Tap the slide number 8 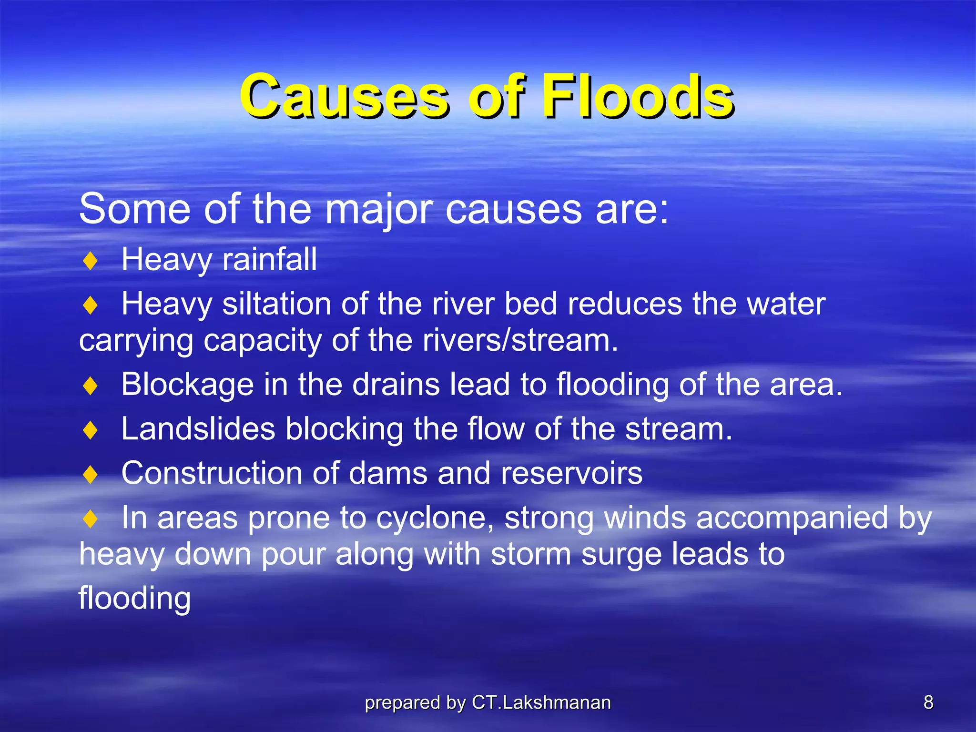coord(928,702)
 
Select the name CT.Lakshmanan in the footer coord(541,702)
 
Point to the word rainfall coord(269,259)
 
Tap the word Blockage coord(187,384)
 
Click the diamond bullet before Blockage coord(90,386)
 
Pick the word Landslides coord(198,429)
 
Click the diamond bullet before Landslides coord(90,430)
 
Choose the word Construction coord(212,473)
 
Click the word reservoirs coord(571,473)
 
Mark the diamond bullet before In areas coord(90,519)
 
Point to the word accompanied coord(792,518)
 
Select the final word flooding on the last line coord(134,598)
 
